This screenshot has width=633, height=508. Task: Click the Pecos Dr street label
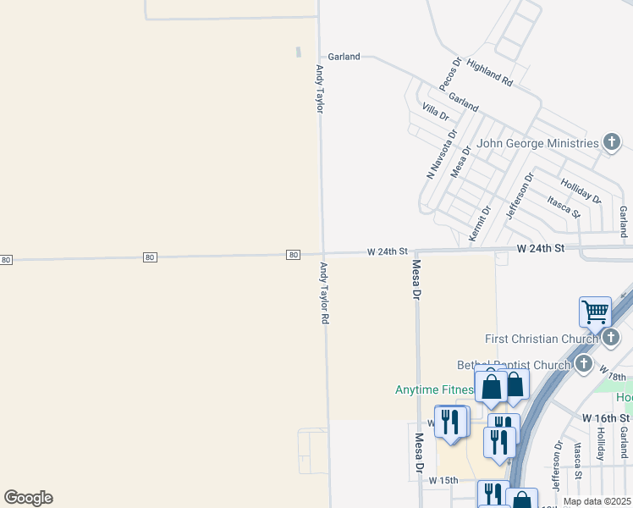point(449,75)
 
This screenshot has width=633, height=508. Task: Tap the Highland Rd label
point(489,74)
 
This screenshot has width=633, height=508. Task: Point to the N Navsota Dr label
point(440,153)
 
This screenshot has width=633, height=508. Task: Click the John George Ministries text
point(537,144)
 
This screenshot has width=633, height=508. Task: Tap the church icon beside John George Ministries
point(612,142)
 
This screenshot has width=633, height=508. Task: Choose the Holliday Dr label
point(581,191)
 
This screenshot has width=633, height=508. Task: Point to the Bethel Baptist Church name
point(513,365)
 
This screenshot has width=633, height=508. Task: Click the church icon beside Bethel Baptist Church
point(583,364)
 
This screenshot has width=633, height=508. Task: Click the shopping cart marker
point(595,312)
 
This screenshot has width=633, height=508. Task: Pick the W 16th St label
point(607,418)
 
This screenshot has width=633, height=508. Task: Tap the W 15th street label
point(443,480)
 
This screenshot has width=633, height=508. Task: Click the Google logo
point(28,498)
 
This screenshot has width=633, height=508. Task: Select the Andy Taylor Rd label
point(324,294)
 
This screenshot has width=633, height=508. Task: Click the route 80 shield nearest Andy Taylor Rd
point(293,255)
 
